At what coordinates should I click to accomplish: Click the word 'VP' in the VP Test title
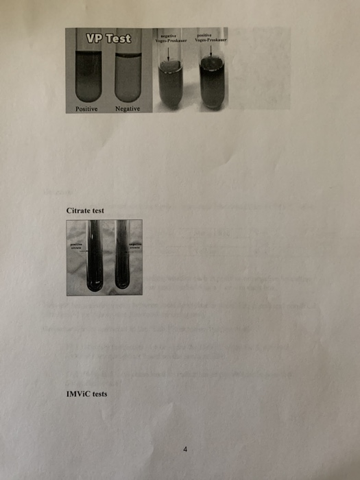click(x=94, y=38)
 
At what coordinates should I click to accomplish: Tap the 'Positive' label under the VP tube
click(x=87, y=109)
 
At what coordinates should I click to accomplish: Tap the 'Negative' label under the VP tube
click(x=128, y=109)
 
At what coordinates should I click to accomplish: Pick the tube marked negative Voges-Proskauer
click(x=168, y=86)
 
